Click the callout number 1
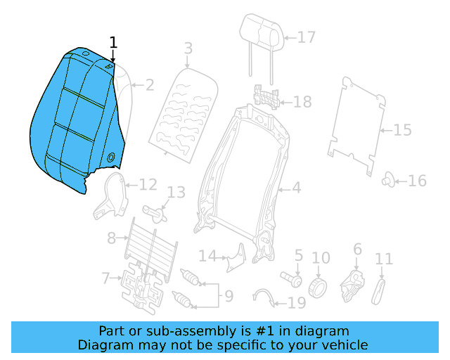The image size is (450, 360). click(113, 44)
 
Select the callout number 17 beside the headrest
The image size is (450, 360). click(307, 37)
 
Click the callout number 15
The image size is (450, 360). click(402, 131)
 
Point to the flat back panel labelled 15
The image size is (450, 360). click(357, 123)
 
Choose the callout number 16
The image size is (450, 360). click(417, 181)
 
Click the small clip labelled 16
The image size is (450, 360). click(387, 180)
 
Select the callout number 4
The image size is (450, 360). click(296, 188)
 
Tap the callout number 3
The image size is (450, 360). click(188, 49)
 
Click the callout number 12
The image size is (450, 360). click(148, 185)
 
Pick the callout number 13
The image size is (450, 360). click(176, 193)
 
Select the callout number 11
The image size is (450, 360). click(384, 259)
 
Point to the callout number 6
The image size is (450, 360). click(357, 249)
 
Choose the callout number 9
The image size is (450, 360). click(229, 296)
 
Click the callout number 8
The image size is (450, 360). click(112, 238)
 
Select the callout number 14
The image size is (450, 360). click(206, 255)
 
